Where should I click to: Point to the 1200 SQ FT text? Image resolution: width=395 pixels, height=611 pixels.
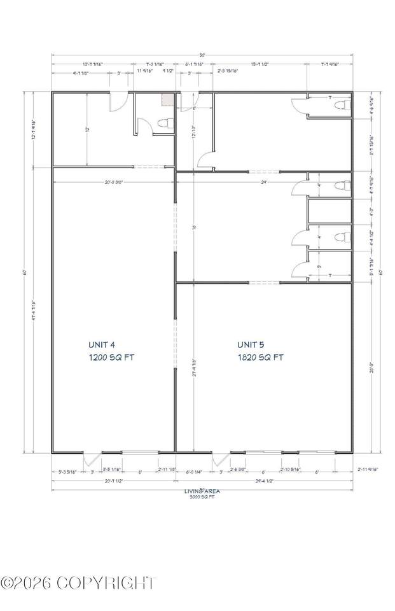pyautogui.click(x=111, y=358)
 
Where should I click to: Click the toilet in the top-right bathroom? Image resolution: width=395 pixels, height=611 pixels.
pyautogui.click(x=341, y=104)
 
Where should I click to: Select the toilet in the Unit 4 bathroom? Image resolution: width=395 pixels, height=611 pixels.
pyautogui.click(x=163, y=123)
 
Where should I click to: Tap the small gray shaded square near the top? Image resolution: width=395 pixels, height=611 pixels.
pyautogui.click(x=167, y=99)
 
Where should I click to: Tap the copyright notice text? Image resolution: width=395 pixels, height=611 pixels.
pyautogui.click(x=79, y=582)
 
